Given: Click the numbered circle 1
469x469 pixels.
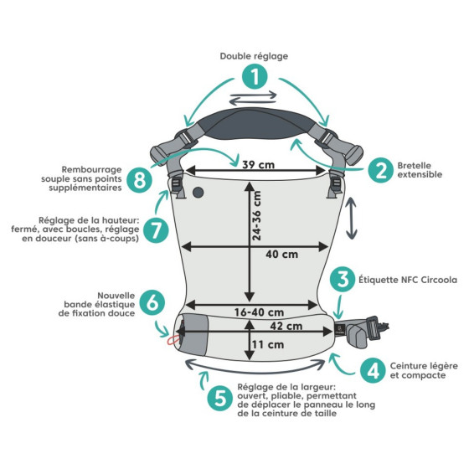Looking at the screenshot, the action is point(255,77).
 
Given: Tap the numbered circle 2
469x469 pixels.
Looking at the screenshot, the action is point(380,170).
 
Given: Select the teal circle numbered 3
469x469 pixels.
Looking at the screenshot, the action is point(343,280).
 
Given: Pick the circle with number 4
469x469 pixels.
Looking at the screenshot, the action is point(373,370).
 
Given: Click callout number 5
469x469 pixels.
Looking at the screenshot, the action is point(220,399).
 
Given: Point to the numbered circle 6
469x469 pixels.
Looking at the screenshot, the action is point(152,302).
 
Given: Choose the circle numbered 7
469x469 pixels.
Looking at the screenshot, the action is point(156,230).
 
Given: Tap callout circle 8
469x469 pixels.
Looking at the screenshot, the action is point(139,180).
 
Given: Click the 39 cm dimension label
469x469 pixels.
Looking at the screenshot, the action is point(258,164).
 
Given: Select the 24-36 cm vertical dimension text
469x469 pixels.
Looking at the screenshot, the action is point(256,216).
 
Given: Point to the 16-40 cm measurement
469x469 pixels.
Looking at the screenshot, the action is point(259,312).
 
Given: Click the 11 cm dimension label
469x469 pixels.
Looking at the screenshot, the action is point(268,344).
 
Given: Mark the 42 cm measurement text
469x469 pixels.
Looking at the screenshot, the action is point(286,326).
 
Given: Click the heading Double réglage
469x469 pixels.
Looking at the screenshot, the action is point(254,56).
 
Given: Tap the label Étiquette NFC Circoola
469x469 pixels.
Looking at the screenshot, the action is point(408,280).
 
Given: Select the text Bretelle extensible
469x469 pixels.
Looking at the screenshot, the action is point(420,170).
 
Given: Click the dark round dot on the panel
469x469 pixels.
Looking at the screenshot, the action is point(198,193).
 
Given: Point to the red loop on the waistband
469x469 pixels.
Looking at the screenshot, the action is point(173,340).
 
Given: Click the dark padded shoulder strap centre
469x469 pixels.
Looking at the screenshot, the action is point(255,124).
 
